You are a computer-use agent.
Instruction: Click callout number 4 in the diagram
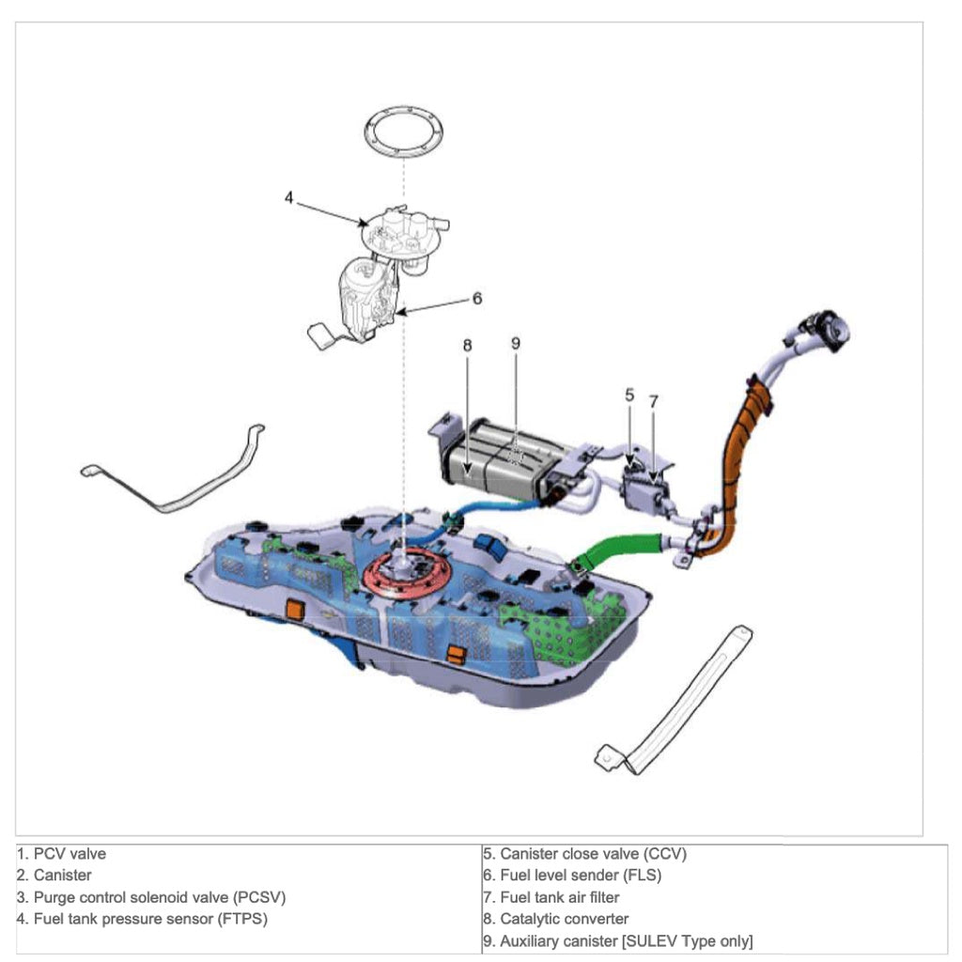[289, 198]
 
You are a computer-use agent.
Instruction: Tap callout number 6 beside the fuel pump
[477, 298]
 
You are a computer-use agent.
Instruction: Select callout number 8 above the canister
[467, 345]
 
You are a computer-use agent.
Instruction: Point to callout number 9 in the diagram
[515, 343]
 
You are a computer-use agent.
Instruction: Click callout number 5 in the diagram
[629, 395]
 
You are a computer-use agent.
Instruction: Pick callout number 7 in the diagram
[654, 400]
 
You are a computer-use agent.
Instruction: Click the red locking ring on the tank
[403, 575]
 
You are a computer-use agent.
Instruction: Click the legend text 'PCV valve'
[70, 854]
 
